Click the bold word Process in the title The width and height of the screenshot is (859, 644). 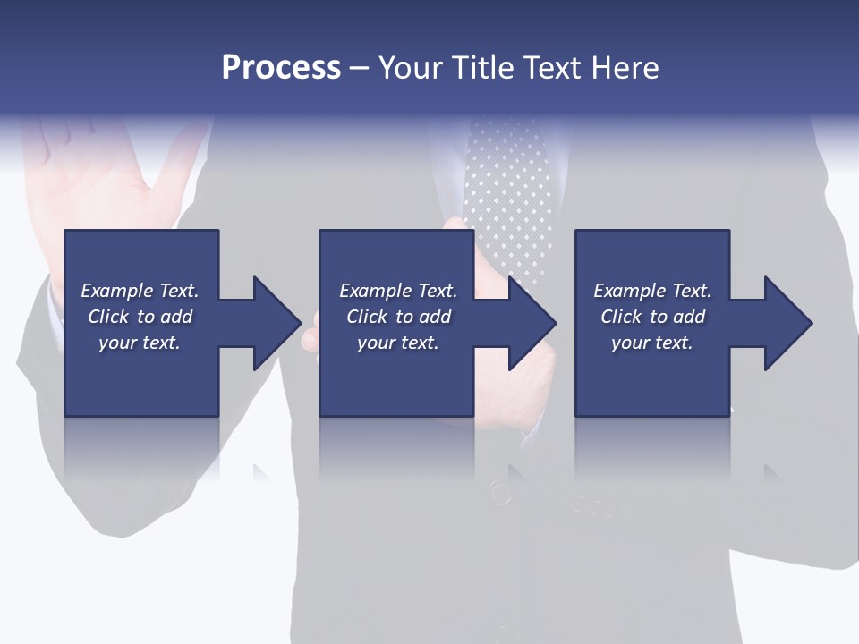point(281,68)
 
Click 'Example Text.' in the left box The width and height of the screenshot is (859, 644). point(140,291)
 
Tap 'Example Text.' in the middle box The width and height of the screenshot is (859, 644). point(397,291)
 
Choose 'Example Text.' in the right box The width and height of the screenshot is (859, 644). point(652,291)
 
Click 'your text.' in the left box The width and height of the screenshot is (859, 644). point(140,343)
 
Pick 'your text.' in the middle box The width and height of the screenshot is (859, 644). point(397,343)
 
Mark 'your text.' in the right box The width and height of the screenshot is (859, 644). point(652,343)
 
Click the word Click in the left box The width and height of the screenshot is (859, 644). point(108,317)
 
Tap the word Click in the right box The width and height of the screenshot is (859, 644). point(621,317)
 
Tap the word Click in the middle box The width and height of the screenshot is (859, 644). point(367,317)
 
